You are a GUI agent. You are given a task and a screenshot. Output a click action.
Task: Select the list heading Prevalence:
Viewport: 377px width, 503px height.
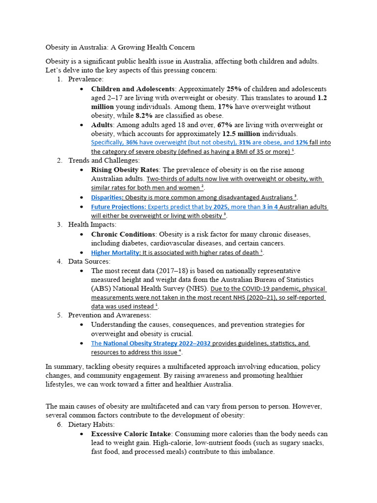(x=85, y=79)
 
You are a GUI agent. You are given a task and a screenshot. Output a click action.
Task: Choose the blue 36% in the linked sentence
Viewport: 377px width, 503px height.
(x=132, y=142)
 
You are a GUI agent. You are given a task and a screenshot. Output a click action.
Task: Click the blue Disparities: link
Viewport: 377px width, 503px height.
(x=107, y=197)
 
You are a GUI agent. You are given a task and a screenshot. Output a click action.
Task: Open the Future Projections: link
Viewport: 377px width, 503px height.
(x=118, y=207)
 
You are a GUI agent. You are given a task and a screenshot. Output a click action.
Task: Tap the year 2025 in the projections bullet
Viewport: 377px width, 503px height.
(x=221, y=207)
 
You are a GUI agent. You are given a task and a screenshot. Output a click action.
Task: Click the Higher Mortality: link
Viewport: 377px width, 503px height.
(x=115, y=252)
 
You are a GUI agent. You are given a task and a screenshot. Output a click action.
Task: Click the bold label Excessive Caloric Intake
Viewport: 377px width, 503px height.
(x=131, y=434)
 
